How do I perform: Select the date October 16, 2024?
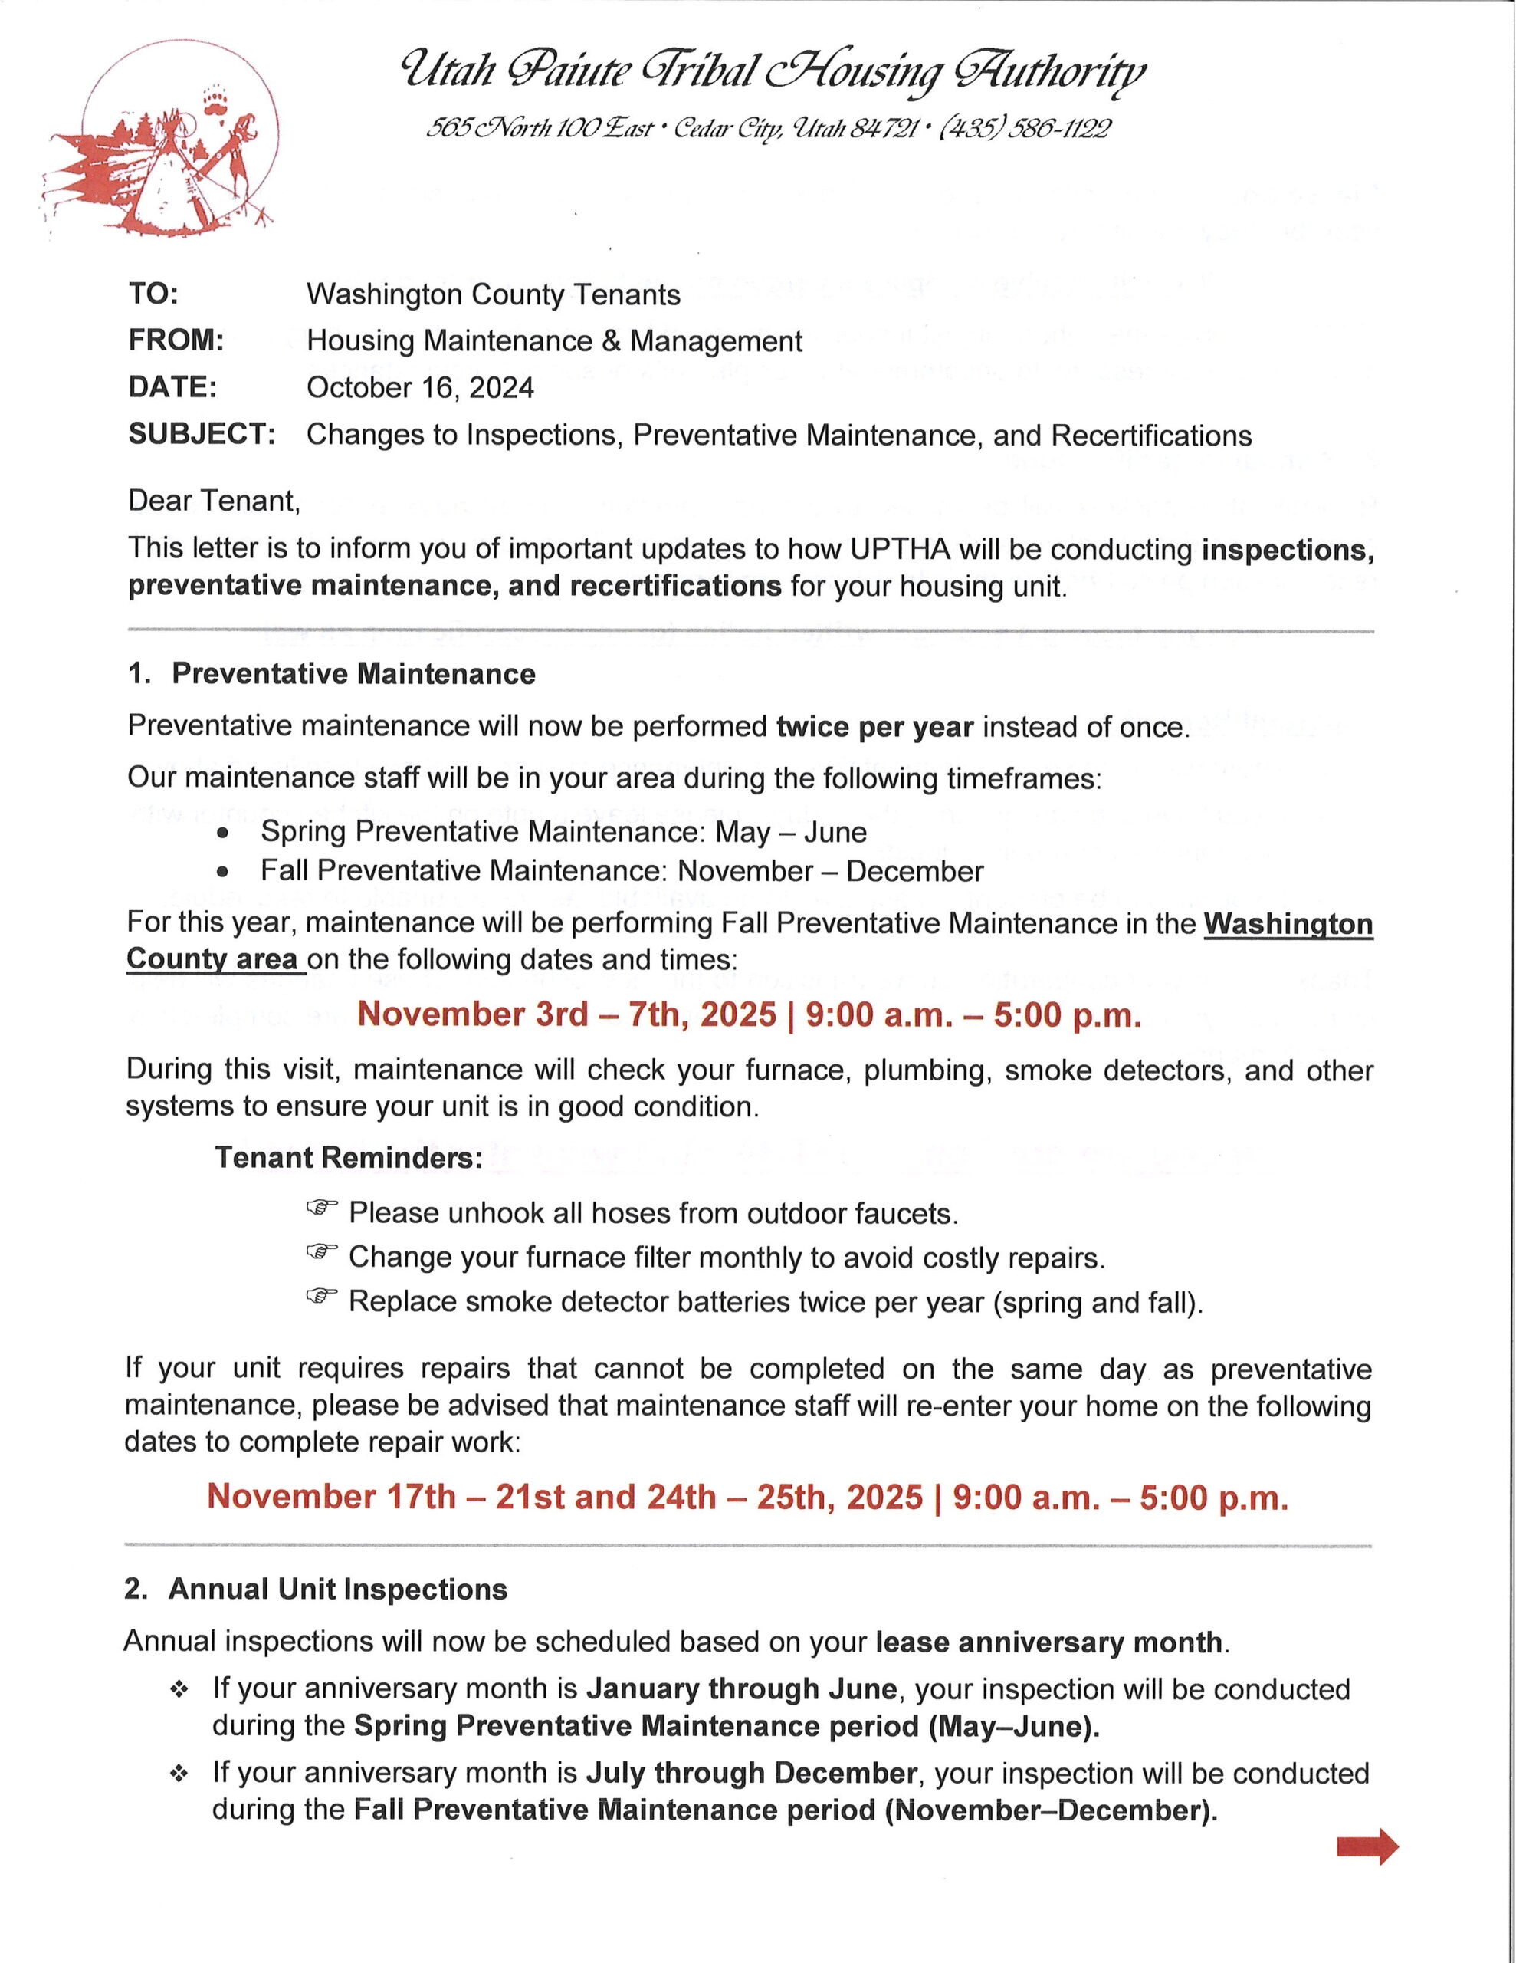pos(420,387)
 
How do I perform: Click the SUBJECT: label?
pos(202,434)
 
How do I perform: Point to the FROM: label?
pos(176,340)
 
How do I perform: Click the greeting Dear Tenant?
pos(213,500)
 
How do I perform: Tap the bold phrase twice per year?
pos(874,726)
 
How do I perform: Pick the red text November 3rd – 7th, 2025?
pos(566,1014)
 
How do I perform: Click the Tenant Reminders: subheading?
pos(349,1158)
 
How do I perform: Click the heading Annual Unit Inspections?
pos(338,1589)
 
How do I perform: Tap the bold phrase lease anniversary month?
pos(1048,1642)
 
